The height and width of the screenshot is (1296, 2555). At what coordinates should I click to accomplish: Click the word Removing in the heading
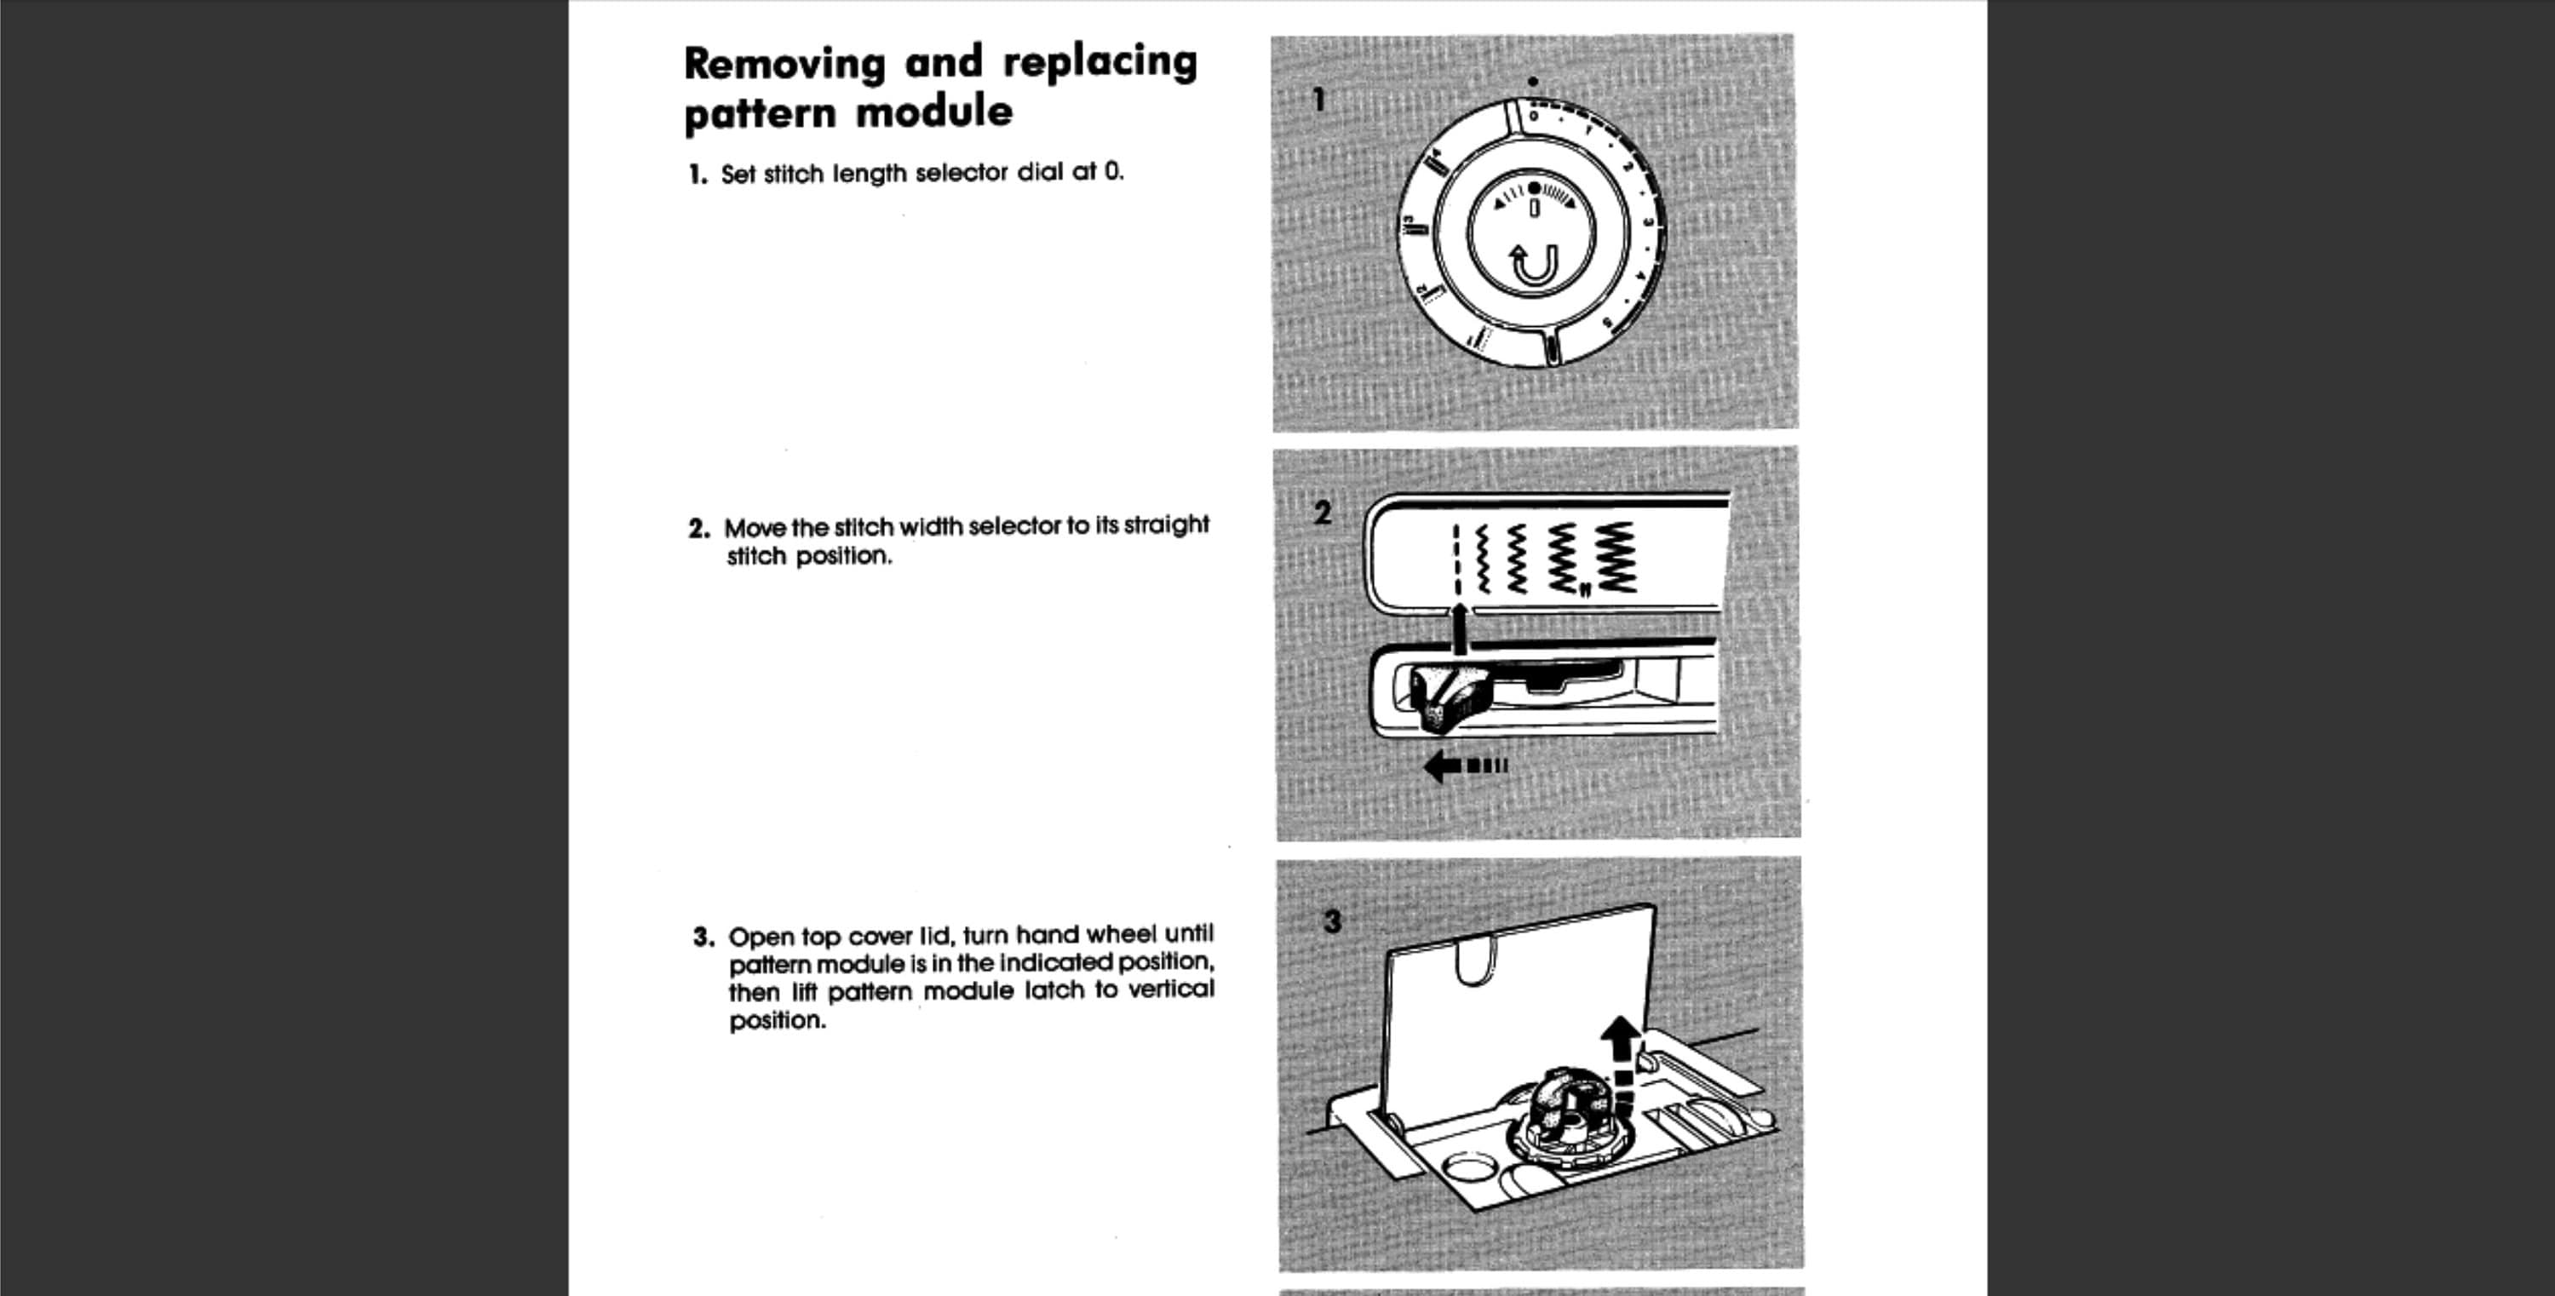click(784, 64)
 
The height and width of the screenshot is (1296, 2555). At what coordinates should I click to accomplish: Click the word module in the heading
click(933, 111)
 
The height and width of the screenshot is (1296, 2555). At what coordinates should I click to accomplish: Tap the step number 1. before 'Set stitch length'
click(698, 175)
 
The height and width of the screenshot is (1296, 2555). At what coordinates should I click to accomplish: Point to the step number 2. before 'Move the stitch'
click(699, 529)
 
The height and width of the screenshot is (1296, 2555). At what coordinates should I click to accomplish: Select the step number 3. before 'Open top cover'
click(703, 937)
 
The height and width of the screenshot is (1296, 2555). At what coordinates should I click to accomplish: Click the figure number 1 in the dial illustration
click(1318, 99)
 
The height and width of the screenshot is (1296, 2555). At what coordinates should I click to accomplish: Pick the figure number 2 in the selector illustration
click(1322, 513)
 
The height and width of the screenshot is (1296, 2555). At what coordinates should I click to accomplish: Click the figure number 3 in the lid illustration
click(1332, 921)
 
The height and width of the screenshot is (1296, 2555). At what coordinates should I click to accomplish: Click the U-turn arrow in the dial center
click(1533, 265)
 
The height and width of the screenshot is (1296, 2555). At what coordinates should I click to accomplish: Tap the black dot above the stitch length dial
click(1533, 81)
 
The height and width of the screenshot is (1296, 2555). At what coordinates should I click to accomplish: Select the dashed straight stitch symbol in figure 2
click(1456, 559)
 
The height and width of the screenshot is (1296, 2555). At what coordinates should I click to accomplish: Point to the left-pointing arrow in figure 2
click(1465, 766)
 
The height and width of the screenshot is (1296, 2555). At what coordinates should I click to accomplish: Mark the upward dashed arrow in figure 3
click(1621, 1065)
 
